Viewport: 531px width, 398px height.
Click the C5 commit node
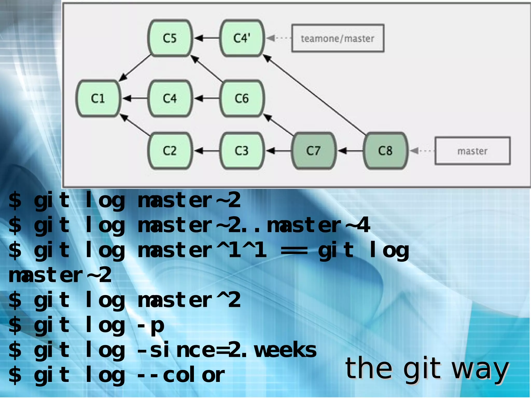[170, 38]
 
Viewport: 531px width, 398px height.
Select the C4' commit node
[242, 38]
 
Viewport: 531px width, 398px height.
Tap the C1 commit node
[98, 98]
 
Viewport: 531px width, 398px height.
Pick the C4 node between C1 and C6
[170, 98]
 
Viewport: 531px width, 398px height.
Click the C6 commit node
[242, 98]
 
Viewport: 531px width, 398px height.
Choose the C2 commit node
[170, 151]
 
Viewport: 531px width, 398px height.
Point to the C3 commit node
[242, 151]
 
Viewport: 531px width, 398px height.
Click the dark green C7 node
[313, 151]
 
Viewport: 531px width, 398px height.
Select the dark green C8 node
[385, 151]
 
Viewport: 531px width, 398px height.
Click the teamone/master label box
[338, 38]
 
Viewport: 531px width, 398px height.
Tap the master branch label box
[472, 151]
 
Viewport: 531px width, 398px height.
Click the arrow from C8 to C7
[350, 151]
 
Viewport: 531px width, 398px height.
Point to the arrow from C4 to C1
[135, 98]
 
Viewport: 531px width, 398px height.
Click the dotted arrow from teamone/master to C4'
[279, 38]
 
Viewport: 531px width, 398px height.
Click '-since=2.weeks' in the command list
[227, 350]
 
